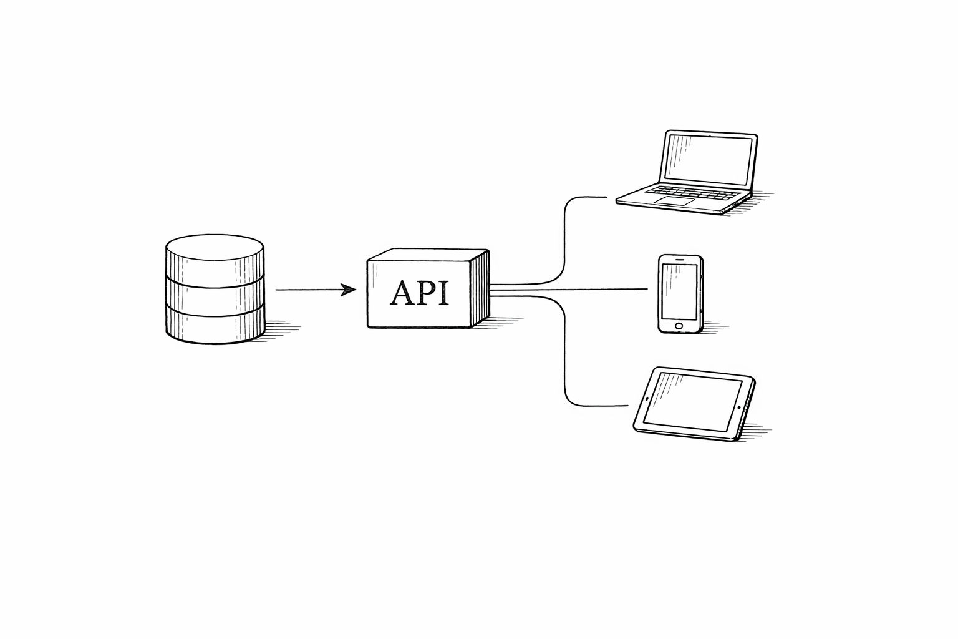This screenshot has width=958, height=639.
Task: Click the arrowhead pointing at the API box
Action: click(348, 290)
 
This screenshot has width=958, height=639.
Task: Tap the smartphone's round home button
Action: click(679, 326)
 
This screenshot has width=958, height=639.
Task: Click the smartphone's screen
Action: click(679, 291)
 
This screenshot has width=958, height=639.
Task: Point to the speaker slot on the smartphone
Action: click(680, 259)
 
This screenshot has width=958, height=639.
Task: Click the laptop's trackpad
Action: click(674, 201)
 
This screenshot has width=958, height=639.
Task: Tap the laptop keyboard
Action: click(693, 193)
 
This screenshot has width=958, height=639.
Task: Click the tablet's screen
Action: click(692, 402)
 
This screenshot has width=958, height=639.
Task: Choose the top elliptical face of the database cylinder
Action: click(215, 247)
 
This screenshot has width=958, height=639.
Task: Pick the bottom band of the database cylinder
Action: click(215, 328)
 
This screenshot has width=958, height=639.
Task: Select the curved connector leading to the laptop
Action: click(564, 240)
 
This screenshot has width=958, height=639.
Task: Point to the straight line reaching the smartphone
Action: click(569, 290)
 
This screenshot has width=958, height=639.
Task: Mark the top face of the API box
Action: click(428, 255)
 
